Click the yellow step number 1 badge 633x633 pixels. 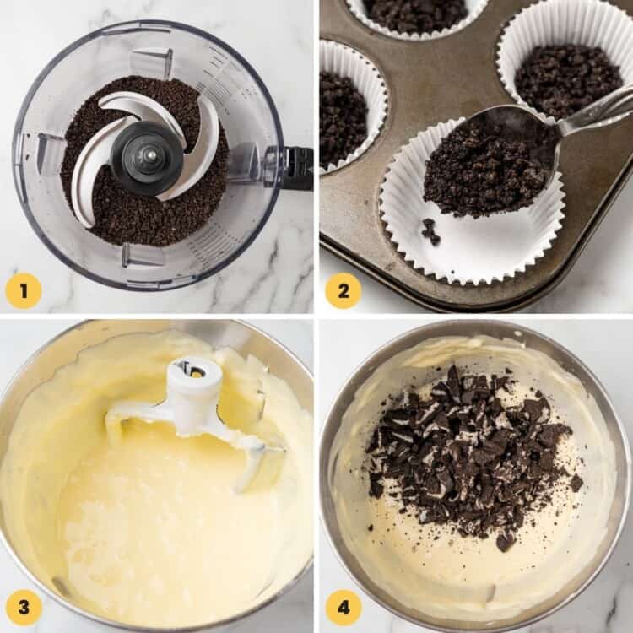[24, 291]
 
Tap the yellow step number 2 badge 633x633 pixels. [344, 291]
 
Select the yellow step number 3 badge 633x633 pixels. [24, 608]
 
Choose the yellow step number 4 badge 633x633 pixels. [344, 608]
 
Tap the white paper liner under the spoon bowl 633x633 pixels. [473, 245]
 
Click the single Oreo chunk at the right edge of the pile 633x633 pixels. [576, 483]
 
